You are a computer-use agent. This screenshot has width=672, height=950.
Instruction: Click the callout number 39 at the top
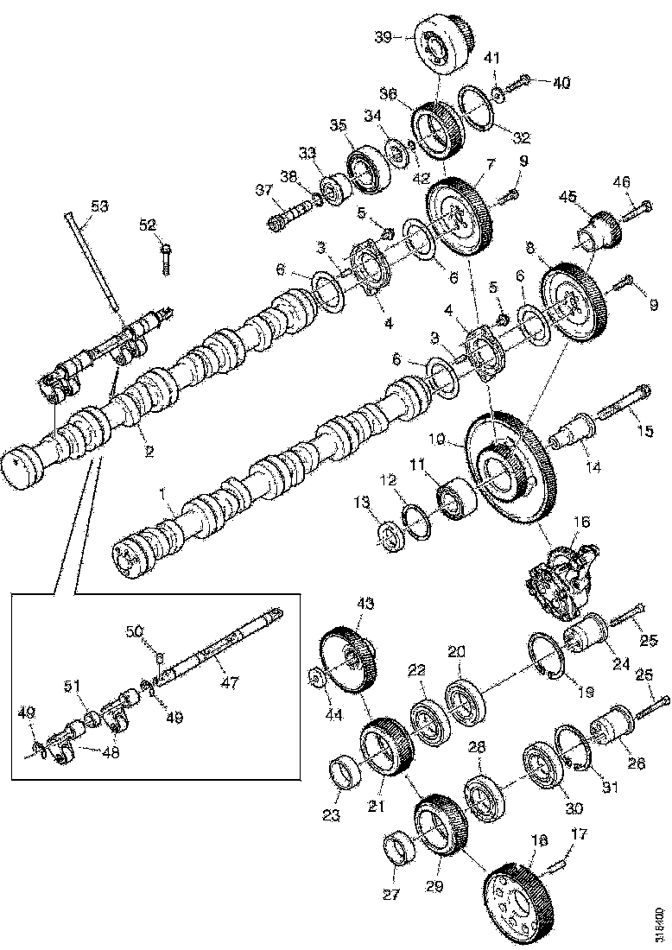click(x=383, y=36)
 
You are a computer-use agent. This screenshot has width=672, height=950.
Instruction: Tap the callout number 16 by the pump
click(x=580, y=522)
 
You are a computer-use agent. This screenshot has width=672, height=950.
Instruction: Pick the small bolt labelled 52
click(x=167, y=256)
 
